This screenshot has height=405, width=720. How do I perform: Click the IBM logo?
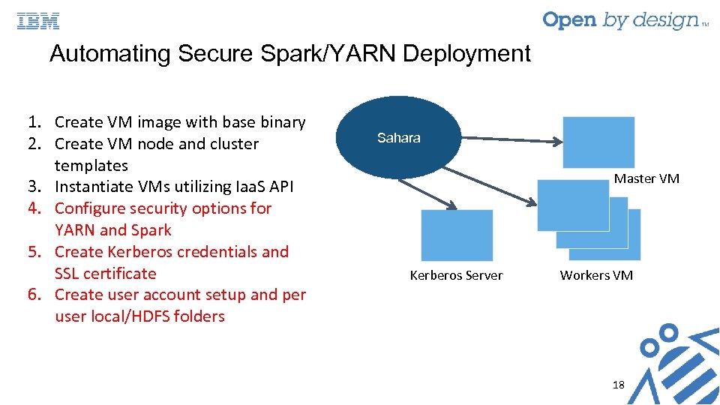coord(38,21)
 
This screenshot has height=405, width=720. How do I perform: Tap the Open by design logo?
coord(622,20)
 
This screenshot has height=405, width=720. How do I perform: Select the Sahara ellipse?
coord(398,137)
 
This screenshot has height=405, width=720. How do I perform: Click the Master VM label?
coord(646,178)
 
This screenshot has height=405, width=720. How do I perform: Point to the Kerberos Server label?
coord(456,275)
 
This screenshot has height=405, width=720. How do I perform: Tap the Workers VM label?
coord(596,275)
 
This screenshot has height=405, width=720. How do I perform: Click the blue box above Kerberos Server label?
coord(457,235)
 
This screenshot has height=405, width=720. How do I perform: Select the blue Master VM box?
coord(598,142)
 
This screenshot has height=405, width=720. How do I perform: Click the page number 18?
coord(618,385)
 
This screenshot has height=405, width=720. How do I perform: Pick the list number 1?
coord(34,122)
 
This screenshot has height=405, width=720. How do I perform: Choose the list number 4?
coord(34,208)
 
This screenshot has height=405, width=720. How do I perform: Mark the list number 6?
coord(34,295)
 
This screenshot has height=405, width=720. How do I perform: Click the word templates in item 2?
coord(91,166)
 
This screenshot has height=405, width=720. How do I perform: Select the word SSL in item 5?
coord(70,274)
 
